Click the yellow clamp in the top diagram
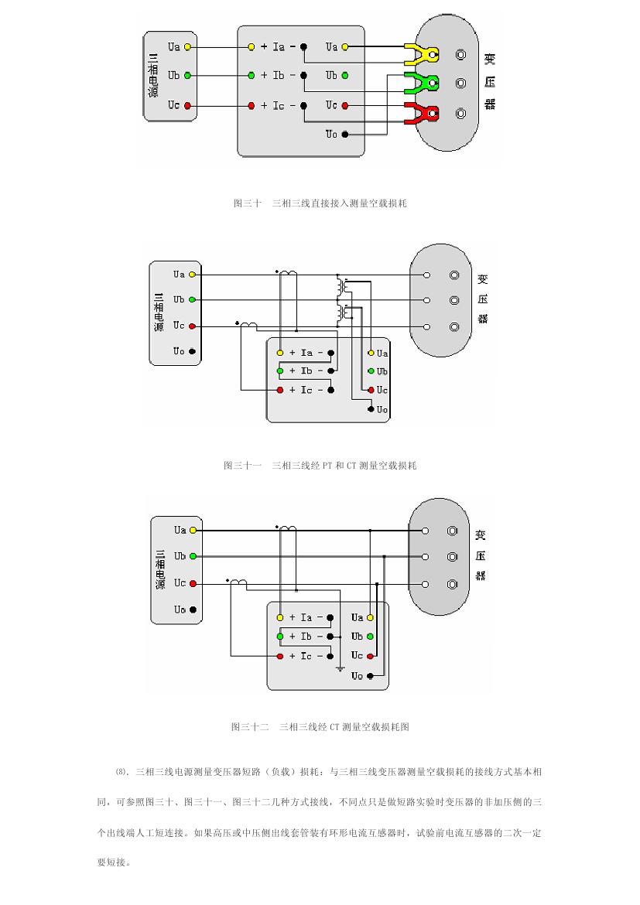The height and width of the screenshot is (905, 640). [x=422, y=54]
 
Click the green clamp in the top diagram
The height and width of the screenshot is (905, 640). [x=422, y=83]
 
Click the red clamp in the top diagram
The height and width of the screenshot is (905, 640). [x=422, y=113]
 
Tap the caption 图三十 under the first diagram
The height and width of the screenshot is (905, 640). [x=247, y=203]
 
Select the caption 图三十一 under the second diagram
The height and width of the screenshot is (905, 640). [x=242, y=466]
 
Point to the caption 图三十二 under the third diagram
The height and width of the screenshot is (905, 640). [x=250, y=727]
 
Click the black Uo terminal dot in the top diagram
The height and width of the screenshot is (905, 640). [x=345, y=135]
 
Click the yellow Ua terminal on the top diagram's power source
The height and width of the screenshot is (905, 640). [x=187, y=47]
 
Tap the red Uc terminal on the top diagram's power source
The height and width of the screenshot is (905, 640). [x=187, y=105]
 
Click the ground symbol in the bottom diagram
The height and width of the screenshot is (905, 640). [x=340, y=668]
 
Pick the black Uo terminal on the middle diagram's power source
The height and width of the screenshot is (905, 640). [x=192, y=352]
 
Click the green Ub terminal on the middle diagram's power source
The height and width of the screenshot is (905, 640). [x=192, y=300]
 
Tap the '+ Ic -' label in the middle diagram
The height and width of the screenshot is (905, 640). [x=305, y=390]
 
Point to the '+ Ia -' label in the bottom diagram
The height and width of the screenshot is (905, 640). [x=305, y=617]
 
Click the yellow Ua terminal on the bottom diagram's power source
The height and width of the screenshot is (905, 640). [x=193, y=531]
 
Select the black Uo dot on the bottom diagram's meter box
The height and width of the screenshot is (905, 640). [x=370, y=676]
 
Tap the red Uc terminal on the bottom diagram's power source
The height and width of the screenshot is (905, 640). [x=193, y=583]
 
